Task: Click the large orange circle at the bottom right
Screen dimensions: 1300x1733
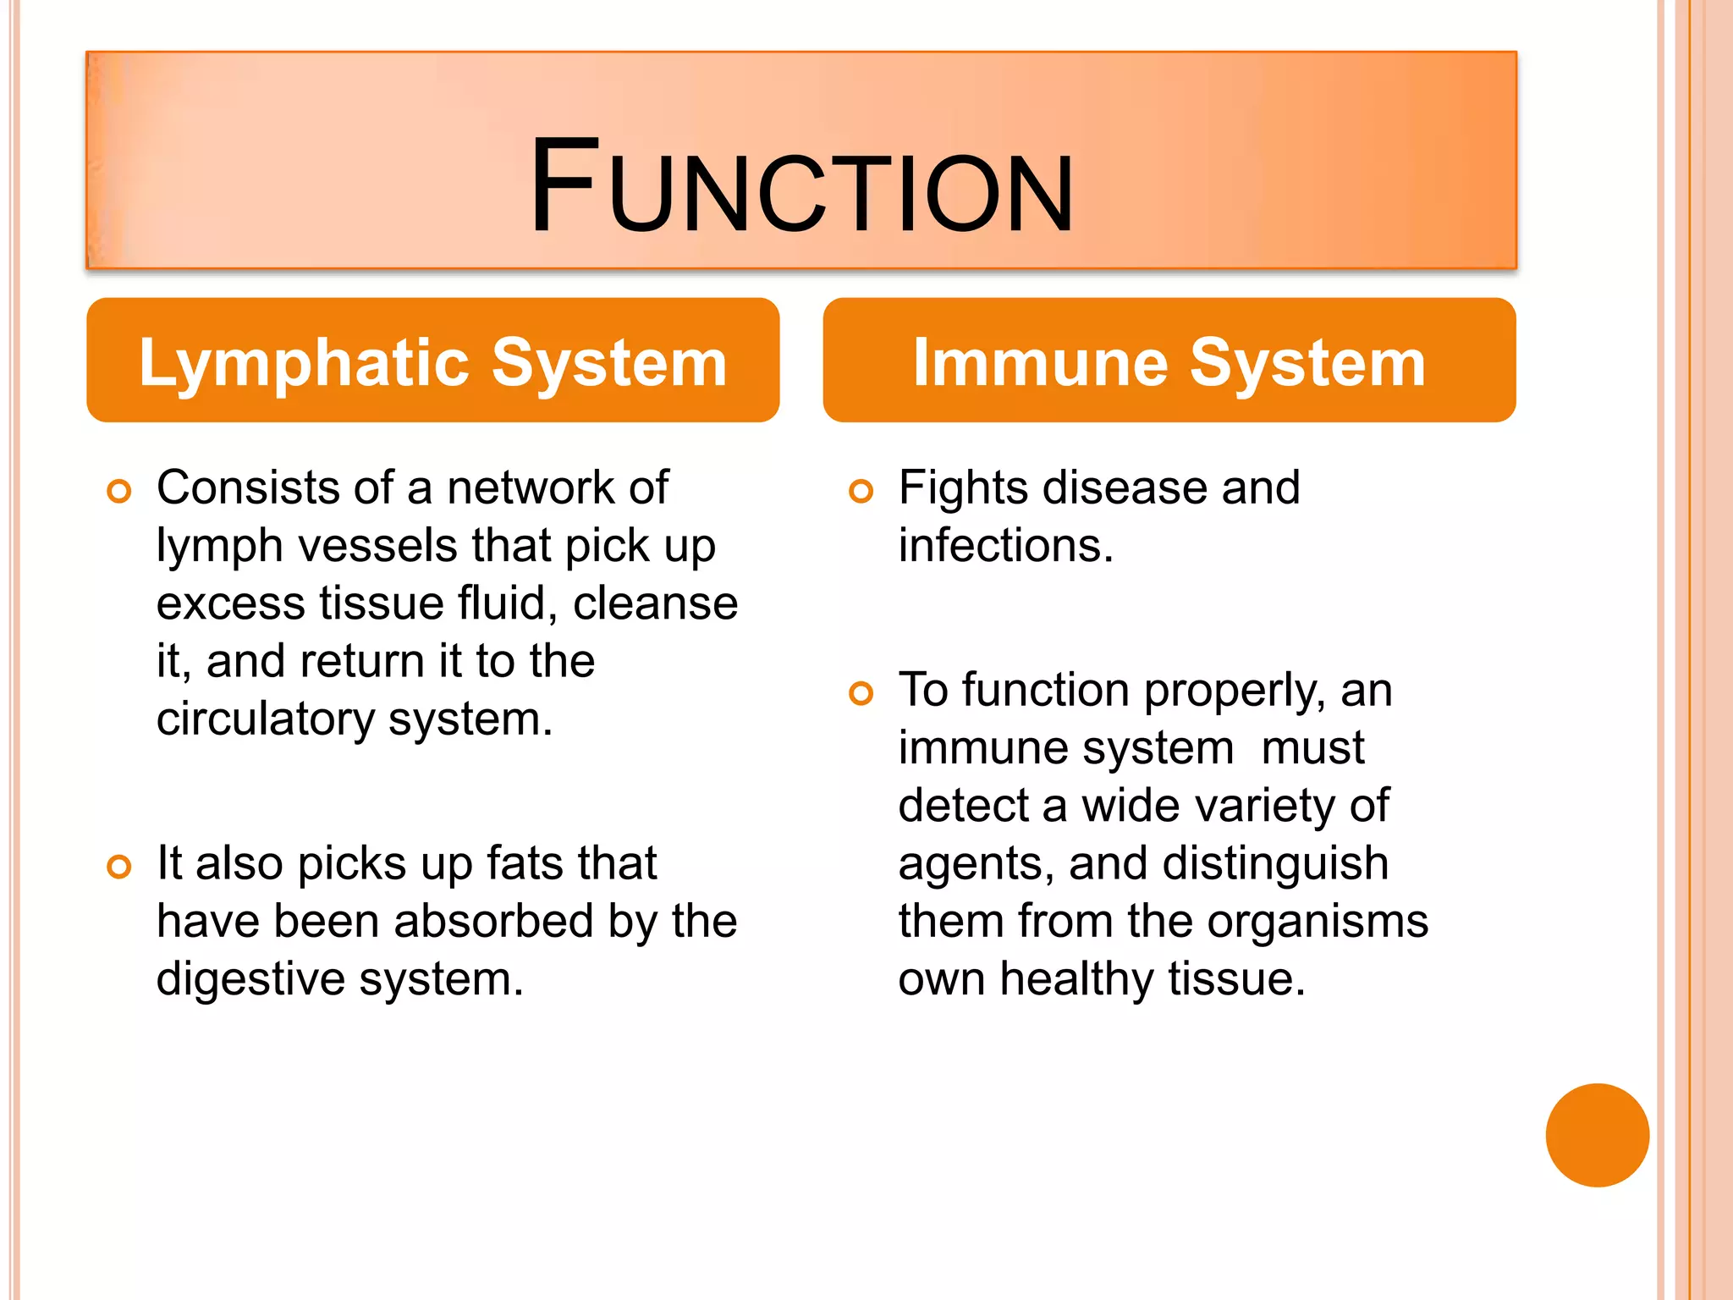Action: click(x=1597, y=1135)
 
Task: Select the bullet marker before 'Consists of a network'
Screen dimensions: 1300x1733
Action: click(x=119, y=492)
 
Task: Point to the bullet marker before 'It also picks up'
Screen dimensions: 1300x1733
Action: click(x=119, y=867)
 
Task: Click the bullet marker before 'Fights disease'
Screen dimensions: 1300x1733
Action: click(x=861, y=492)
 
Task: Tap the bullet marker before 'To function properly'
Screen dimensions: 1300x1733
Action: click(x=861, y=694)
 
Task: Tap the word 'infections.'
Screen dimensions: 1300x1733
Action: click(x=1005, y=546)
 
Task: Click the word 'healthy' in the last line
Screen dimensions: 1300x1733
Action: click(x=1076, y=980)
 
